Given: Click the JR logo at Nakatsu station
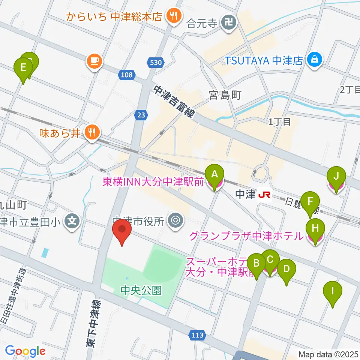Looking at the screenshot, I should [x=265, y=194].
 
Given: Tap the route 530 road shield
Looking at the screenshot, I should [x=155, y=63].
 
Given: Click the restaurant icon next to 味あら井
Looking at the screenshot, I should [x=92, y=132].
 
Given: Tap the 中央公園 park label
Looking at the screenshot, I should [x=141, y=290].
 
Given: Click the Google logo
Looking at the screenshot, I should [x=25, y=351].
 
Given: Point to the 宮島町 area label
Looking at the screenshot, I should [x=225, y=96].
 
